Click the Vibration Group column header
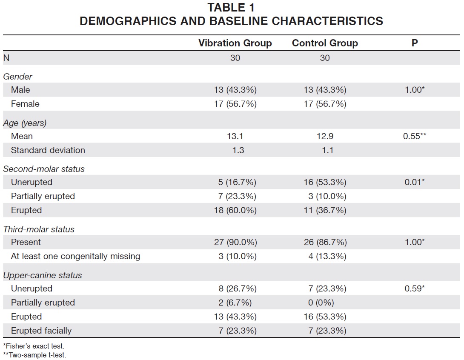coord(235,43)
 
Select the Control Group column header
coord(325,43)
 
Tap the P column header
coord(415,43)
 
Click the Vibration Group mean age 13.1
coord(235,136)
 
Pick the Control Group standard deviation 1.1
coord(328,150)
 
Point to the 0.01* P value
coord(415,182)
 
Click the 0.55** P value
coord(415,136)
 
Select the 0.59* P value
coord(415,289)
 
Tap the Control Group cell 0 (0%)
coord(321,303)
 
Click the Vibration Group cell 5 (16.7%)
coord(237,182)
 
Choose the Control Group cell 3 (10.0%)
coord(327,197)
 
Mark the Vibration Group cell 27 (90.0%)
coord(235,242)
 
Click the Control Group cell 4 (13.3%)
coord(327,256)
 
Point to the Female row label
coord(25,104)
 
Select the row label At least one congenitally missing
coord(75,256)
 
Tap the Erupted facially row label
coord(41,331)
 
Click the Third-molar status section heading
coord(39,229)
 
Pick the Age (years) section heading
coord(25,123)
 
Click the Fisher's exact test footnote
coord(34,346)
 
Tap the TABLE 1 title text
coord(231,8)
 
